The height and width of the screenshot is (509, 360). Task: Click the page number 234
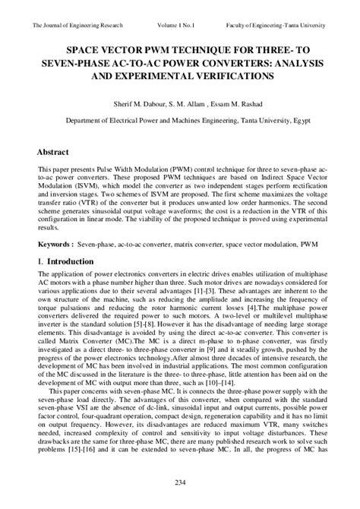coord(180,483)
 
